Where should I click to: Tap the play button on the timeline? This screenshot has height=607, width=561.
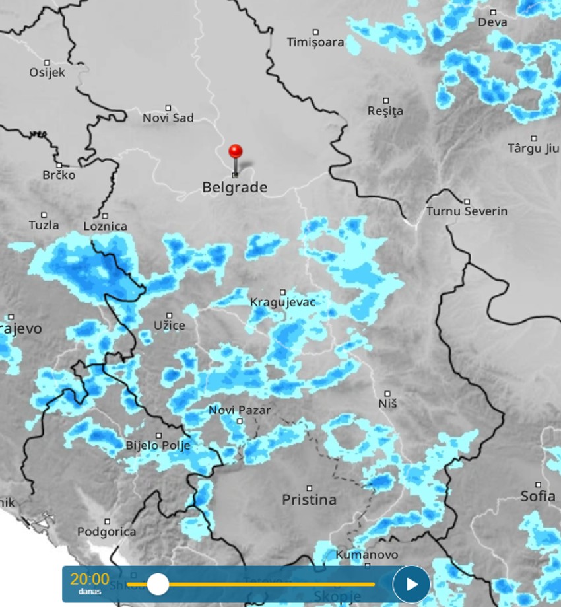pyautogui.click(x=411, y=584)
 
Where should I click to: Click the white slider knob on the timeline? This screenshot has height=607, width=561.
pyautogui.click(x=158, y=584)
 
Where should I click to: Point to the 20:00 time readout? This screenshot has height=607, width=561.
pyautogui.click(x=90, y=579)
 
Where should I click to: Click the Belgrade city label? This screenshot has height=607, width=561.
pyautogui.click(x=234, y=188)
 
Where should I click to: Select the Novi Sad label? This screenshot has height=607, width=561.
pyautogui.click(x=168, y=118)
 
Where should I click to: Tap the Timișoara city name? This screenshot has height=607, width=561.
pyautogui.click(x=315, y=42)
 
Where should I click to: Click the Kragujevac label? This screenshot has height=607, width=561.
pyautogui.click(x=282, y=303)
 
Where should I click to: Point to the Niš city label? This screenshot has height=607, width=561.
pyautogui.click(x=388, y=402)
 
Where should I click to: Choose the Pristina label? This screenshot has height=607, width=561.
pyautogui.click(x=309, y=500)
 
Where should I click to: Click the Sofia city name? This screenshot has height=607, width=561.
pyautogui.click(x=537, y=496)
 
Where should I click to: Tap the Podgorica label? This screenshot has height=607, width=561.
pyautogui.click(x=106, y=532)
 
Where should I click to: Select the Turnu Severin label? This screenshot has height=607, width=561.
pyautogui.click(x=467, y=211)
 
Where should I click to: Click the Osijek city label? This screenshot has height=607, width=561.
pyautogui.click(x=47, y=73)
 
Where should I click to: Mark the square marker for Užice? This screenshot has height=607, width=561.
pyautogui.click(x=169, y=316)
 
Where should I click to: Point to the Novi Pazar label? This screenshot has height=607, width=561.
pyautogui.click(x=239, y=410)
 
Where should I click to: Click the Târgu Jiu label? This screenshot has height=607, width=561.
pyautogui.click(x=533, y=148)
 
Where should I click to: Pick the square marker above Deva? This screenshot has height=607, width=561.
pyautogui.click(x=493, y=12)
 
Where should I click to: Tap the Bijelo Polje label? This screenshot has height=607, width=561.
pyautogui.click(x=158, y=446)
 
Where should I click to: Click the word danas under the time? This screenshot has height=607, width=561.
pyautogui.click(x=90, y=591)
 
